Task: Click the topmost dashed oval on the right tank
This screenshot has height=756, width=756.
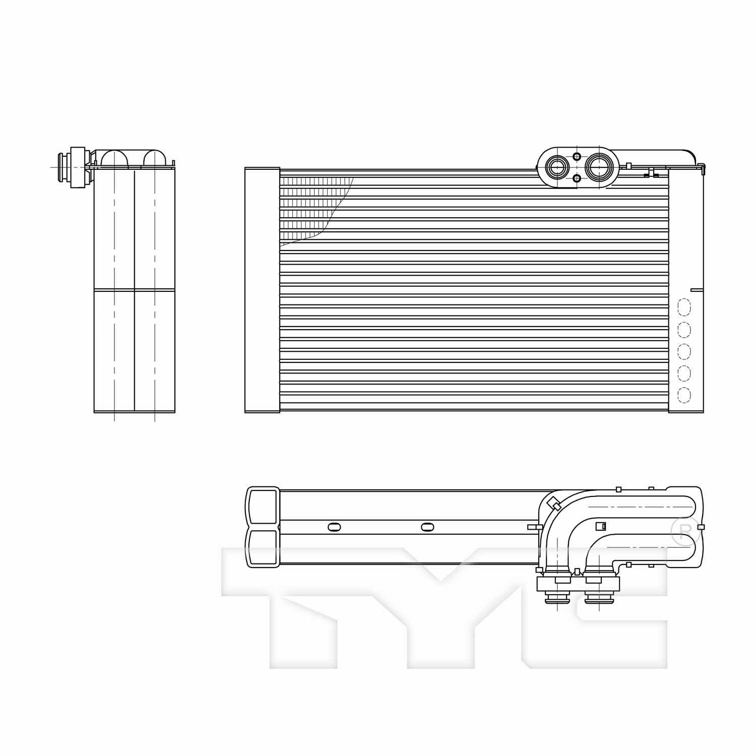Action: tap(684, 307)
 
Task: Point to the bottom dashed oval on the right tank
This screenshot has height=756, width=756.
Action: tap(684, 395)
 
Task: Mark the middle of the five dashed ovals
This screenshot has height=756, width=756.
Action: tap(684, 351)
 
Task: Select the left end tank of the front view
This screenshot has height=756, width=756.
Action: tap(262, 290)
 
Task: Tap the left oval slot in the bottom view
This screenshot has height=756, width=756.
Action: tap(334, 527)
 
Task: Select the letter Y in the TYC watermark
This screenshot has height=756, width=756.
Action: tap(438, 605)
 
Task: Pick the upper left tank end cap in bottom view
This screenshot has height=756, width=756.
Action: tap(262, 506)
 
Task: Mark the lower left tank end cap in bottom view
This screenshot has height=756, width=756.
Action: tap(262, 548)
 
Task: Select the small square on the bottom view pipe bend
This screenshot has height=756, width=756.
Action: tap(600, 526)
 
